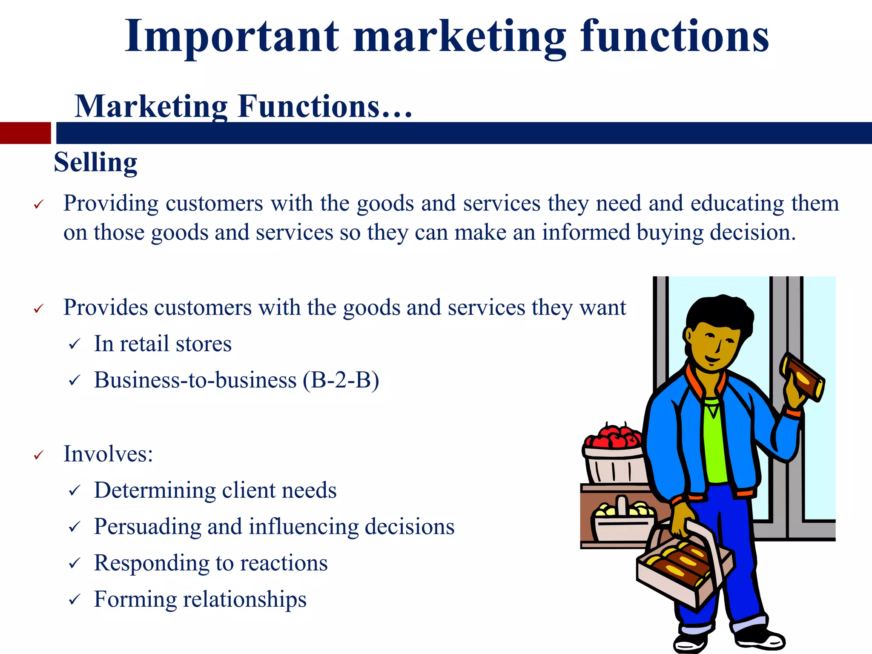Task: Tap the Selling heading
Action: pyautogui.click(x=95, y=163)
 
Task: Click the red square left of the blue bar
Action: pyautogui.click(x=25, y=133)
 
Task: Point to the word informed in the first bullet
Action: pyautogui.click(x=586, y=233)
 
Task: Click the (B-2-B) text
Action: pyautogui.click(x=341, y=380)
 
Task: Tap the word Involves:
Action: pyautogui.click(x=108, y=454)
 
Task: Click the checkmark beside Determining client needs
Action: pyautogui.click(x=75, y=491)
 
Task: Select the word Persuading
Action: pyautogui.click(x=147, y=527)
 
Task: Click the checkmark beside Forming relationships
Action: pyautogui.click(x=75, y=600)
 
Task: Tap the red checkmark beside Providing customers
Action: pyautogui.click(x=39, y=205)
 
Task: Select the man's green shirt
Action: pyautogui.click(x=715, y=443)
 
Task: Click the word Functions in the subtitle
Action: pyautogui.click(x=309, y=106)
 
